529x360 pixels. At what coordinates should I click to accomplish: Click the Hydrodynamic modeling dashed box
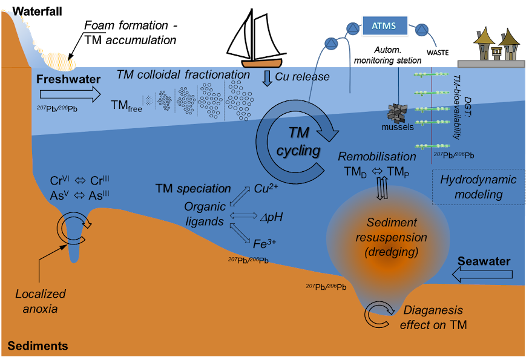coord(470,187)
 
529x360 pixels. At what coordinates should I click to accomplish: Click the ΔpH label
coord(271,216)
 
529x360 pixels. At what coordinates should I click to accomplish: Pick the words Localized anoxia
coord(41,301)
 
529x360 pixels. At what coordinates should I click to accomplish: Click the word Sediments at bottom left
coord(38,347)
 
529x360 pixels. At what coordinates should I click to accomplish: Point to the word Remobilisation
coord(377,157)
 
